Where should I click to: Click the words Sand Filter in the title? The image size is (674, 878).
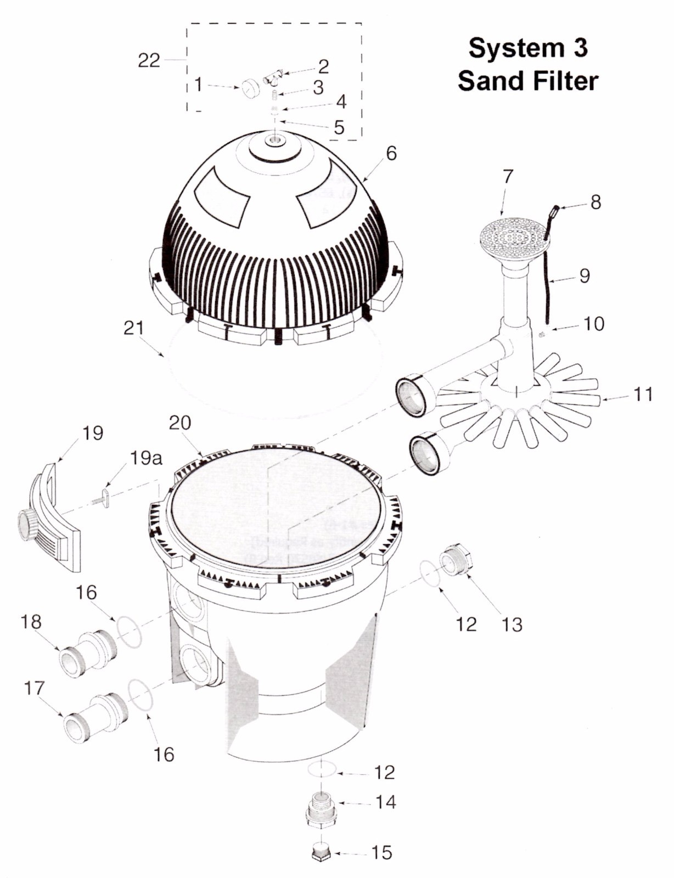pos(527,81)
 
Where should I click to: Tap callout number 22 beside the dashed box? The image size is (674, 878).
pos(149,60)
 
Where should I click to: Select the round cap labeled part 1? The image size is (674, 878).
pos(249,87)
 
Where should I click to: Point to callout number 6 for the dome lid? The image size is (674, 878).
pos(391,154)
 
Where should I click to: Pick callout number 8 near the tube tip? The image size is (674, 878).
pos(596,202)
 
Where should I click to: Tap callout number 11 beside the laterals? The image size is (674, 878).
pos(643,394)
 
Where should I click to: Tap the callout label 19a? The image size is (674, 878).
pos(146,459)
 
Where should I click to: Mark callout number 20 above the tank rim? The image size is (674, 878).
pos(180,423)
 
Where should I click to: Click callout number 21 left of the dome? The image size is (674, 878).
pos(134,328)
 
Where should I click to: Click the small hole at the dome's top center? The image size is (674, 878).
pos(275,139)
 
